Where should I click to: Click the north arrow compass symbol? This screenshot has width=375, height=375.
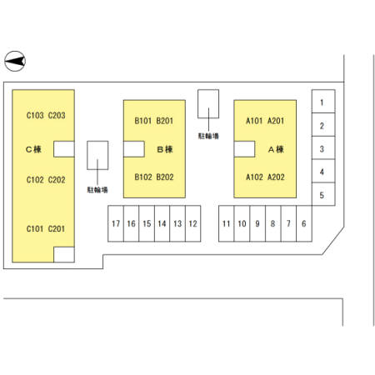click(15, 61)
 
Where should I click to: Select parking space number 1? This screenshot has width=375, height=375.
click(323, 102)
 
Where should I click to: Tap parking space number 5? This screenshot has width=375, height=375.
click(323, 194)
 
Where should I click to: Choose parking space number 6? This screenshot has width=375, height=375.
click(304, 223)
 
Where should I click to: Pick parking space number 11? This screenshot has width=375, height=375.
click(227, 223)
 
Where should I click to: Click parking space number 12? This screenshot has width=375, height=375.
click(193, 223)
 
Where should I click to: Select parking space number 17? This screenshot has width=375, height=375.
click(116, 223)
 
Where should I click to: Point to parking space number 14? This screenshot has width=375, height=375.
click(162, 223)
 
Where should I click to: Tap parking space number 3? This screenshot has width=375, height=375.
click(323, 147)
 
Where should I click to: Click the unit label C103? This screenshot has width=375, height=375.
click(35, 115)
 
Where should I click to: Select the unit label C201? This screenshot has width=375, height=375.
click(57, 228)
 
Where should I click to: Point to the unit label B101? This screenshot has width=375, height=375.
click(142, 121)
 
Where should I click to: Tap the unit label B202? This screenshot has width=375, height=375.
click(165, 177)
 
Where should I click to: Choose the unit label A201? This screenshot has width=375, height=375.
click(276, 121)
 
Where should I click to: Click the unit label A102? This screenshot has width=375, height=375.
click(254, 177)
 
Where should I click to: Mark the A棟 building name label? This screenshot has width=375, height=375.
click(276, 149)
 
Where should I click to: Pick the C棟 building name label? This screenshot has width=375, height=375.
click(33, 149)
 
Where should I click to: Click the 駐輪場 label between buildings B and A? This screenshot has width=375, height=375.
click(208, 136)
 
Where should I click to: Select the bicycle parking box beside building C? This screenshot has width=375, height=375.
click(97, 155)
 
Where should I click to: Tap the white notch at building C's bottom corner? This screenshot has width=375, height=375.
click(64, 254)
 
